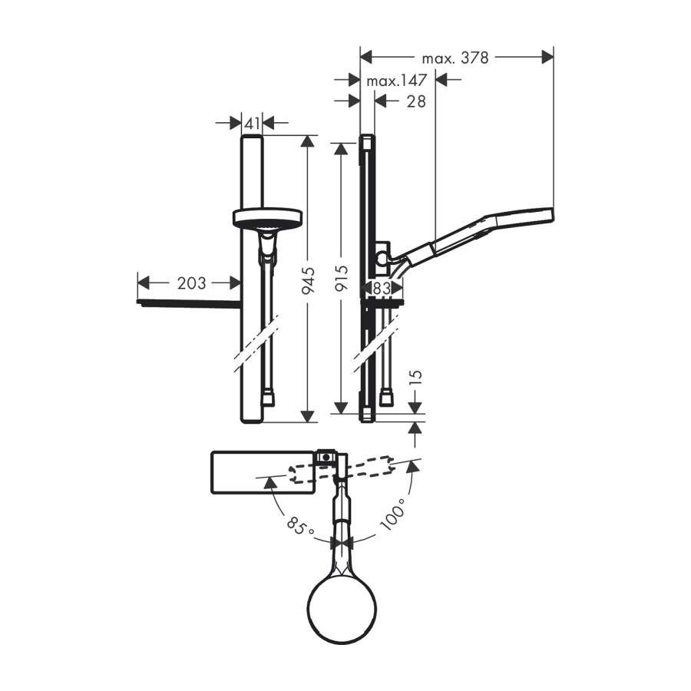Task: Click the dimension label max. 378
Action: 455,58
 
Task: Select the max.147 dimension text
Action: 397,80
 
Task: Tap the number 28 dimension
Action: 416,101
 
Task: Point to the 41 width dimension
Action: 252,124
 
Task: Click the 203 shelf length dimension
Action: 191,283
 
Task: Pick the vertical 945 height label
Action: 308,281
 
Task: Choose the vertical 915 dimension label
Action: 342,278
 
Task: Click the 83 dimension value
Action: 382,288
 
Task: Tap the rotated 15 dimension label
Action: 415,377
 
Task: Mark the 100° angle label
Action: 392,514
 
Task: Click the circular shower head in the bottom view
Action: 342,609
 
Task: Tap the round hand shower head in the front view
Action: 267,217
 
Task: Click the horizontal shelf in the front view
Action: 190,303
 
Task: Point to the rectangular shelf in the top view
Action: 263,472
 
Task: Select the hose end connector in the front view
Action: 268,399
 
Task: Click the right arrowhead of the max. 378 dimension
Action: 547,58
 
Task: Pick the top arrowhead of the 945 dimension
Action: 308,142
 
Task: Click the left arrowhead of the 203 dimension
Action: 144,283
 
